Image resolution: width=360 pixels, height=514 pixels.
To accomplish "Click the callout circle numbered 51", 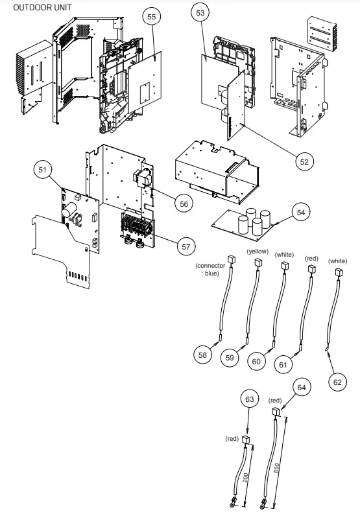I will [x=43, y=170].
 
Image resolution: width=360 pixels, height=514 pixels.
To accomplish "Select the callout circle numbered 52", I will [x=303, y=162].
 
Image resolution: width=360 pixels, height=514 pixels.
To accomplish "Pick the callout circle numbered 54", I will [x=300, y=212].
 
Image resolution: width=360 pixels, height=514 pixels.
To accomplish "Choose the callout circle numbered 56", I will [x=184, y=204].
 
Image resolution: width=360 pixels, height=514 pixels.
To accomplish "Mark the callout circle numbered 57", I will [x=186, y=247].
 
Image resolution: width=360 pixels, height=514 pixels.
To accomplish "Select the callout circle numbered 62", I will [x=337, y=382].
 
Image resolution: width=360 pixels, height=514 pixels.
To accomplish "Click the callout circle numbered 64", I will [x=301, y=387].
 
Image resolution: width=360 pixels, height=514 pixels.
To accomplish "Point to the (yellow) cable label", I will [x=258, y=251].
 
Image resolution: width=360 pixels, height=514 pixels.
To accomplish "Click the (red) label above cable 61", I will [x=312, y=258].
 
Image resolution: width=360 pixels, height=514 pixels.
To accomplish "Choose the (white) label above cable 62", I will [x=338, y=261].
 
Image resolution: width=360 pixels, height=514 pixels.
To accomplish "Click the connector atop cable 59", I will [x=258, y=263].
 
